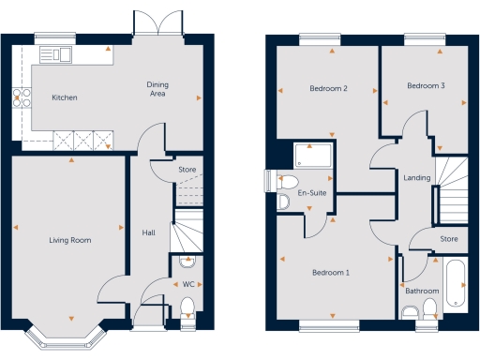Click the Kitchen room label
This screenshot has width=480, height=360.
pos(64,97)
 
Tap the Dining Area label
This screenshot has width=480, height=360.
pos(157,89)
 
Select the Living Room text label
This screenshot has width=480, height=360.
pos(69,241)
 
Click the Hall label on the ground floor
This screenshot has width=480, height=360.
pos(148,232)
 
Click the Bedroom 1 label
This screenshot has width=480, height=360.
pos(330,273)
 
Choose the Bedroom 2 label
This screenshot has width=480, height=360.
pos(329,88)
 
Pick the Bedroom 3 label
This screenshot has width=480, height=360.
pos(425,86)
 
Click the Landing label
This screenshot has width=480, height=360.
pos(416,177)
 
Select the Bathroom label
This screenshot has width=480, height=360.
pos(422,292)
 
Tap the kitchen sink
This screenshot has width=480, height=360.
pos(62,53)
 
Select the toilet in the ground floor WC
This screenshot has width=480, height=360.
pos(187,306)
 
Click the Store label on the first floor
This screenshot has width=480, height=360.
pos(449,239)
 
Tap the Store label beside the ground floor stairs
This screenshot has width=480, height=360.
pos(187,170)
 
